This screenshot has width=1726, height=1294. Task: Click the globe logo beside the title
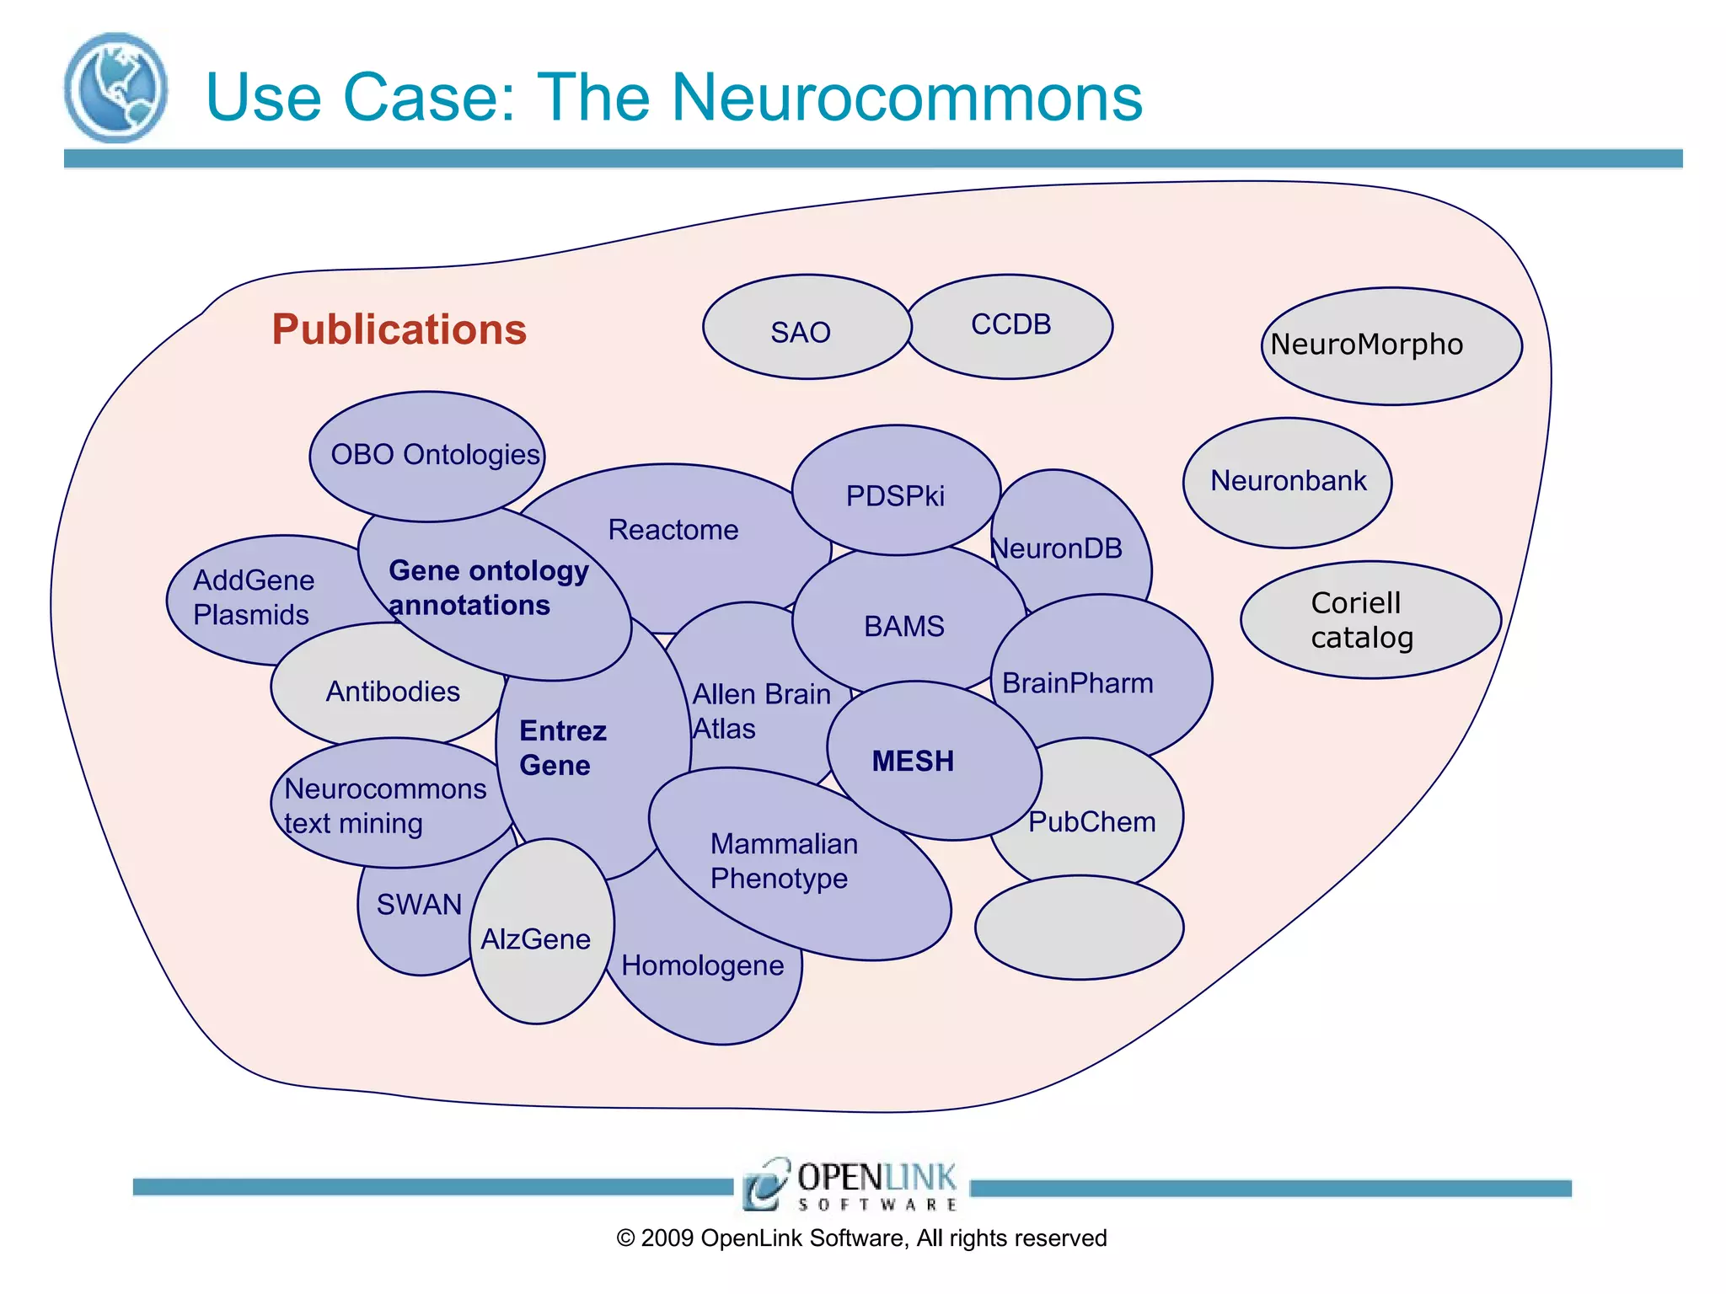click(115, 88)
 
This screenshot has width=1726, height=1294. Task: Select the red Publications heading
click(399, 329)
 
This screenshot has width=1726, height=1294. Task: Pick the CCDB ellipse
click(1010, 326)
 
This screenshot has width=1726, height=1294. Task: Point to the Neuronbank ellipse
click(1287, 482)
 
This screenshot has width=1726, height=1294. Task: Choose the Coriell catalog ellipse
click(1370, 620)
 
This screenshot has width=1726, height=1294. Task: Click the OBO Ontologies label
click(434, 455)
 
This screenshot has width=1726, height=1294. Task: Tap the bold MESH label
click(913, 762)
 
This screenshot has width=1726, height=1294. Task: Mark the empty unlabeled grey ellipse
click(1079, 928)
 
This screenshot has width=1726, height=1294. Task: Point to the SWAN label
click(419, 905)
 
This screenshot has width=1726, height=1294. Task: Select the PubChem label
click(1092, 822)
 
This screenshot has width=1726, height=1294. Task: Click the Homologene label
click(702, 965)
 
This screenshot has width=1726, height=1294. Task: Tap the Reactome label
click(673, 530)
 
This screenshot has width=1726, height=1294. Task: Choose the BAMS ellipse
click(905, 625)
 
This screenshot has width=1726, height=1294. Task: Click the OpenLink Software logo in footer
click(850, 1184)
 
